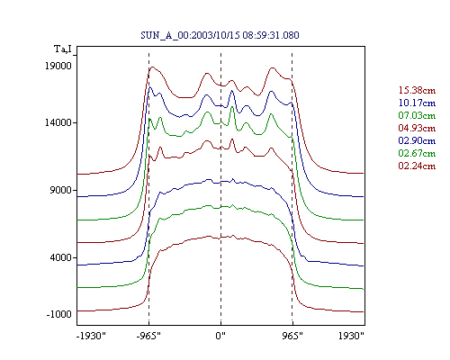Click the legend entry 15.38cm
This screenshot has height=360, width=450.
pos(417,90)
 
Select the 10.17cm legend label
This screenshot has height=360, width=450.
pos(417,103)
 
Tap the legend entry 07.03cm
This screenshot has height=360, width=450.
pos(417,115)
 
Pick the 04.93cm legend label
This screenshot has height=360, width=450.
pos(417,128)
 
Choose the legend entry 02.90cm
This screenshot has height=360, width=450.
pos(417,140)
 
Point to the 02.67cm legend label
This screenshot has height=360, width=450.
pos(417,153)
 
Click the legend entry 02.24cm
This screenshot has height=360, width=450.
pos(417,166)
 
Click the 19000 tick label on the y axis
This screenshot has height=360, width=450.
pos(58,66)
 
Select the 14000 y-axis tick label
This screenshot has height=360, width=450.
pos(58,122)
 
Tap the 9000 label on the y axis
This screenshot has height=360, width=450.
pos(61,190)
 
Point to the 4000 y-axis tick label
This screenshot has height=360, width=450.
pos(61,257)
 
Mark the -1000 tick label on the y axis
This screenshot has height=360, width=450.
pos(59,314)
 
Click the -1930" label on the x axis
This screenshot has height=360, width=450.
pos(91,336)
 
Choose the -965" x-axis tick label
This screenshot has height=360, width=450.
pos(148,336)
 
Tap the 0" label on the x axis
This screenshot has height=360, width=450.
pos(220,336)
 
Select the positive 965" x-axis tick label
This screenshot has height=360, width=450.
pos(292,336)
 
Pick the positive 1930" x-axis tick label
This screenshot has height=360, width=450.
pos(351,336)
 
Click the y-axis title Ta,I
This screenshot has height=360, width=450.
pos(63,49)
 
